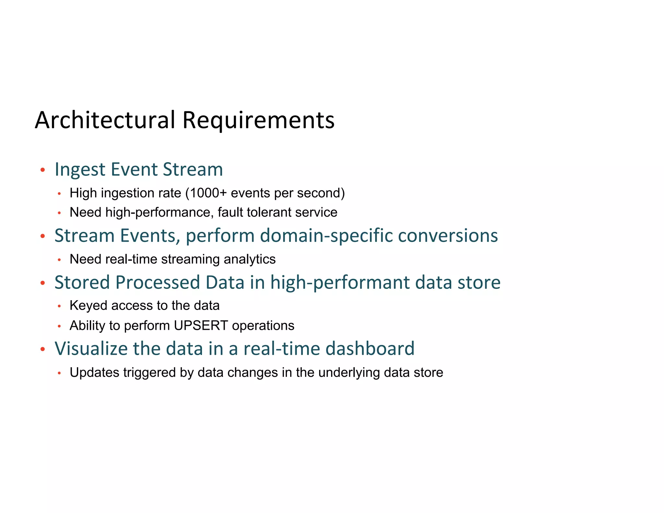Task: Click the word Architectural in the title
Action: [x=105, y=120]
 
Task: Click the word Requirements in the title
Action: [x=258, y=120]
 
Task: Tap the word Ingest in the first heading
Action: [x=80, y=169]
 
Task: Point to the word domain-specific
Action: [x=326, y=235]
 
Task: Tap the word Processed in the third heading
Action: [x=157, y=282]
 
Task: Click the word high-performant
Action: [x=340, y=282]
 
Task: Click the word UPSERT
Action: [x=201, y=326]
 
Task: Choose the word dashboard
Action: [x=370, y=349]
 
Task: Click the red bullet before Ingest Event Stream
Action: [x=42, y=170]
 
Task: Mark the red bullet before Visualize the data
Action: [x=42, y=349]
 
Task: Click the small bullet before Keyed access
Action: [x=59, y=306]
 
